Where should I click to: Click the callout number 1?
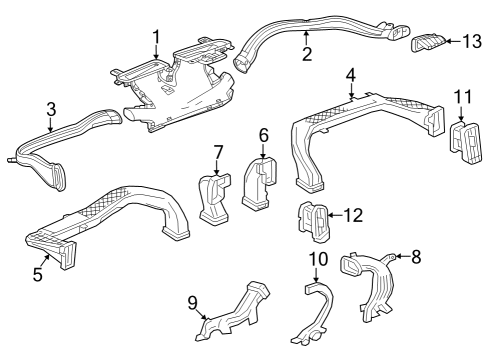(156, 38)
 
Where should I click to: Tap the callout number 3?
(51, 109)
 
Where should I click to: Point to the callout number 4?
(350, 75)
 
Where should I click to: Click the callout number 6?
(264, 134)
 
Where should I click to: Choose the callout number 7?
(217, 152)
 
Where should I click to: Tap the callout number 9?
(193, 301)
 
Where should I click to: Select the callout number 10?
(317, 261)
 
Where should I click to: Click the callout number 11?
(461, 95)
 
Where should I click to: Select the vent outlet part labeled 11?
(465, 142)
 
